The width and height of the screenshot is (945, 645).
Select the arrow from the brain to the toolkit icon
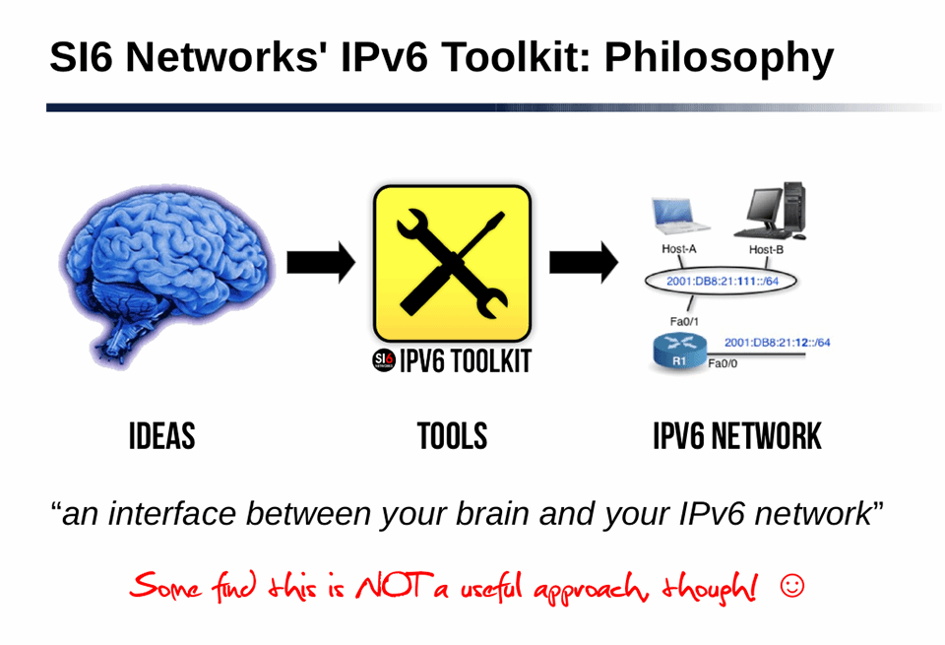point(320,261)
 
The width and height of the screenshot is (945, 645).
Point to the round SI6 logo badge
point(383,361)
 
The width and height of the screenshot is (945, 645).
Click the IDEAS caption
point(161,436)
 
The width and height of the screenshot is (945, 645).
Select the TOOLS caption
point(452,436)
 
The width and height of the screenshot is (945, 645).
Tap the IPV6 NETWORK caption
point(736,436)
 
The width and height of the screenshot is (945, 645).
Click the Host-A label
point(679,249)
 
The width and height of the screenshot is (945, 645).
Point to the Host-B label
point(767,249)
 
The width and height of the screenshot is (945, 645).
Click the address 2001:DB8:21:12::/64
point(777,342)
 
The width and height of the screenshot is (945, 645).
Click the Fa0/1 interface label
point(685,320)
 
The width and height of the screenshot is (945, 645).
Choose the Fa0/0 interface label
point(724,364)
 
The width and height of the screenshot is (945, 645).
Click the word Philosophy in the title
point(718,58)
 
